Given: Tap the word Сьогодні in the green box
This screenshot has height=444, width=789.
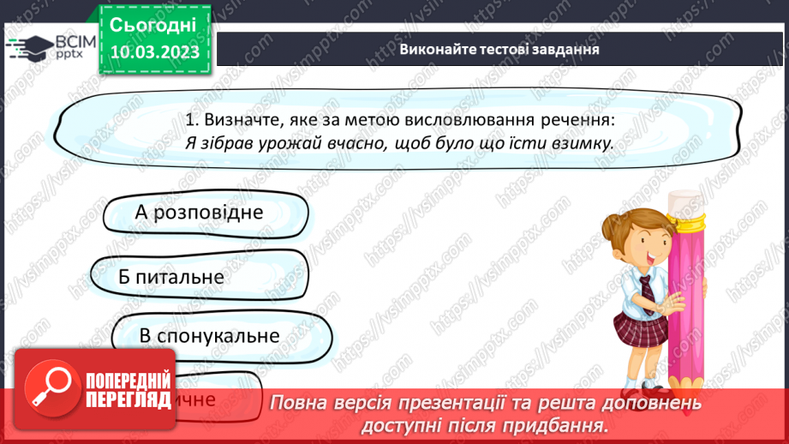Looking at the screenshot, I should [x=154, y=23].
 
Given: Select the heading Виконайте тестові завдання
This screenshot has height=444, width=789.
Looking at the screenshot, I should [x=499, y=49].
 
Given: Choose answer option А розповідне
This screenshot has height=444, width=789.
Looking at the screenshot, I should [x=199, y=211].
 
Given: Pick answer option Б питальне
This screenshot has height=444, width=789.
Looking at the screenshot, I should [x=171, y=277].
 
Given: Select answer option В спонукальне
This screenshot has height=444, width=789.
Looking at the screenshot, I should [x=209, y=335].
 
